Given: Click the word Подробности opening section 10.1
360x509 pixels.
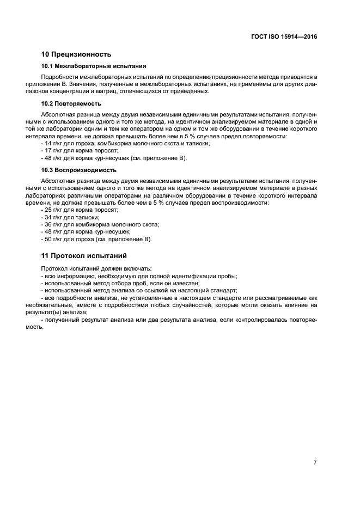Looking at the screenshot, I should tap(58, 78).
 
